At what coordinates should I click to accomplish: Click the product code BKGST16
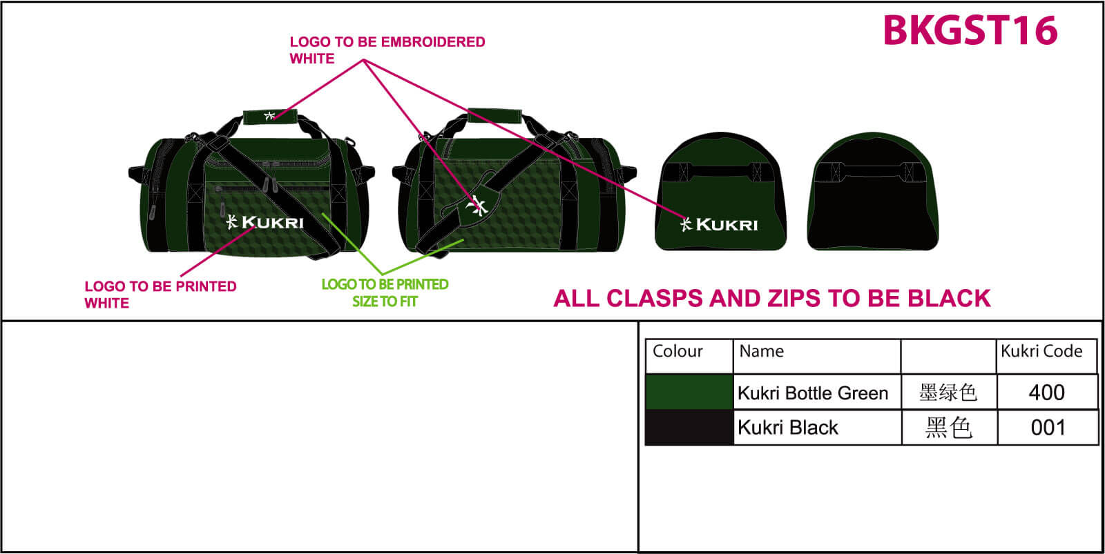point(970,31)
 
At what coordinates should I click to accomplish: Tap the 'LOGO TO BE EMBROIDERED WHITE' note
point(387,50)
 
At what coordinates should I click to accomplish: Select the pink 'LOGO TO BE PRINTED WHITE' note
point(160,295)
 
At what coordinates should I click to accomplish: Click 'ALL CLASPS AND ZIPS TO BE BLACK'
point(772,298)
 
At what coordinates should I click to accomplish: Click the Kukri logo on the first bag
point(265,222)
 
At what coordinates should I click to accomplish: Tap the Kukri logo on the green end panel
point(719,224)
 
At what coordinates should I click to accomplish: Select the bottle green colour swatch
point(689,392)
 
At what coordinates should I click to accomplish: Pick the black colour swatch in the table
point(689,427)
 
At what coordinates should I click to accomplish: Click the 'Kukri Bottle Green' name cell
point(813,393)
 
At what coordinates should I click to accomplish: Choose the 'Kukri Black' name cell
point(788,428)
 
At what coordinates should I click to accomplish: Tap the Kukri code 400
point(1046,393)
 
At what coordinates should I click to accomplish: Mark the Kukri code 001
point(1048,428)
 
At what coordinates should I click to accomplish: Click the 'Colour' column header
point(678,351)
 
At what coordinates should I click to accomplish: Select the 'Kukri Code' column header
point(1041,351)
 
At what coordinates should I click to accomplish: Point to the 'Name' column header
point(762,351)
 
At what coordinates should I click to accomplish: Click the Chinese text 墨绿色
point(948,393)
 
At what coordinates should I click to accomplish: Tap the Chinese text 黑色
point(949,428)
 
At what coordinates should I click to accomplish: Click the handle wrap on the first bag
point(269,116)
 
